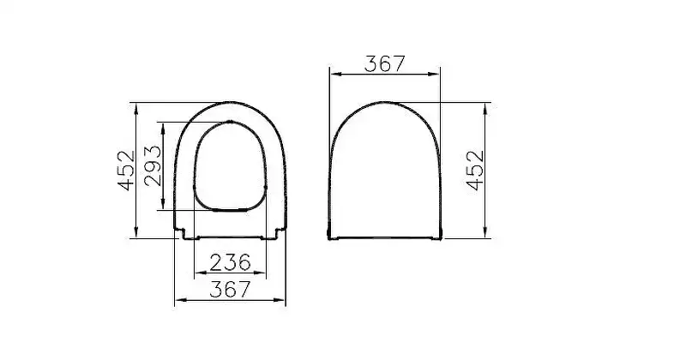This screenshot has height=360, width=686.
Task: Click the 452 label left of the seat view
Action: [126, 170]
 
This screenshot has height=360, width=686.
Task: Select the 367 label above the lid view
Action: [385, 63]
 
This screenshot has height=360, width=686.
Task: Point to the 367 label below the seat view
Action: [230, 291]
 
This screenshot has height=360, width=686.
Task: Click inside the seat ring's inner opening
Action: [230, 167]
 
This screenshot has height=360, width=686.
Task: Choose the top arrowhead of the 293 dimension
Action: [163, 126]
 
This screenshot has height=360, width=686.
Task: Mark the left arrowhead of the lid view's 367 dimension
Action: [333, 75]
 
